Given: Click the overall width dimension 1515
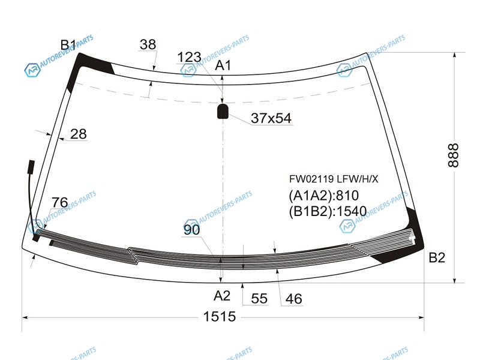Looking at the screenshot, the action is pyautogui.click(x=220, y=317).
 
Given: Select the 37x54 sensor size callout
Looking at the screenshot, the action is pyautogui.click(x=271, y=118).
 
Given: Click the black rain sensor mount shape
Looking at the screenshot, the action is pyautogui.click(x=223, y=111).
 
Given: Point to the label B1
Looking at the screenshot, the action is pyautogui.click(x=68, y=45).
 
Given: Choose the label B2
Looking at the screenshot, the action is pyautogui.click(x=437, y=258).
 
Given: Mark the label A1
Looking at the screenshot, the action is pyautogui.click(x=223, y=65).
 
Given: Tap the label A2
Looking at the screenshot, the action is pyautogui.click(x=222, y=296).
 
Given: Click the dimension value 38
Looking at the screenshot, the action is pyautogui.click(x=148, y=44).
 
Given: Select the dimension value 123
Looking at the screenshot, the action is pyautogui.click(x=189, y=57).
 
